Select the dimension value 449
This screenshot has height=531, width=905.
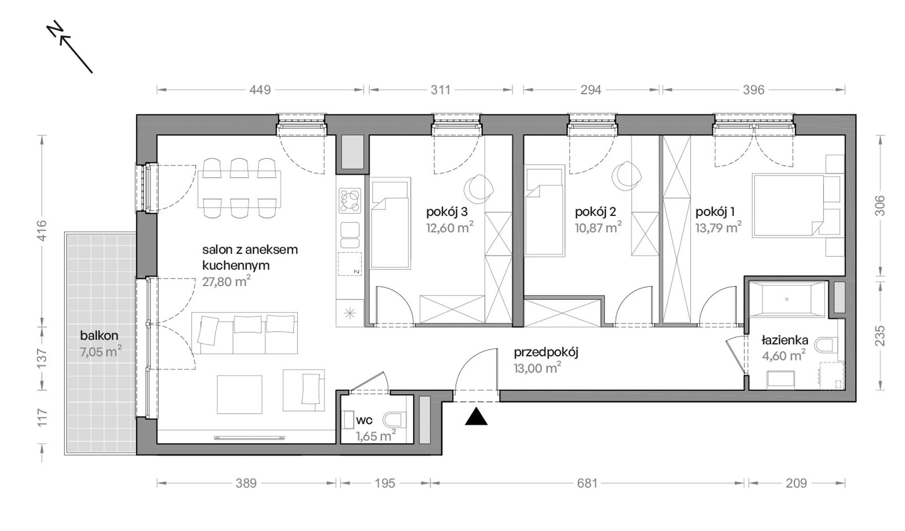[x=260, y=90]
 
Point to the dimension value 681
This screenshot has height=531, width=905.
[x=587, y=483]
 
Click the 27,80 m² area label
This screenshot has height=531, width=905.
[x=226, y=281]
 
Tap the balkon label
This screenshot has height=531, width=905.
[x=99, y=336]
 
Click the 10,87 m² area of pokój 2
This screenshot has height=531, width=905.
[x=598, y=227]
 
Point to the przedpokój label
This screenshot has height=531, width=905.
[x=546, y=353]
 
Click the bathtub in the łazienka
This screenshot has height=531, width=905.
[x=787, y=299]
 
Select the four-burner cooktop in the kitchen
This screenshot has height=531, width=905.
[x=350, y=201]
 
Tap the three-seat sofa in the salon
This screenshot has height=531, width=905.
[x=244, y=333]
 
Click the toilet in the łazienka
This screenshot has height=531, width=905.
[x=826, y=345]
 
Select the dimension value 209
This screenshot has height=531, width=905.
[x=796, y=483]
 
